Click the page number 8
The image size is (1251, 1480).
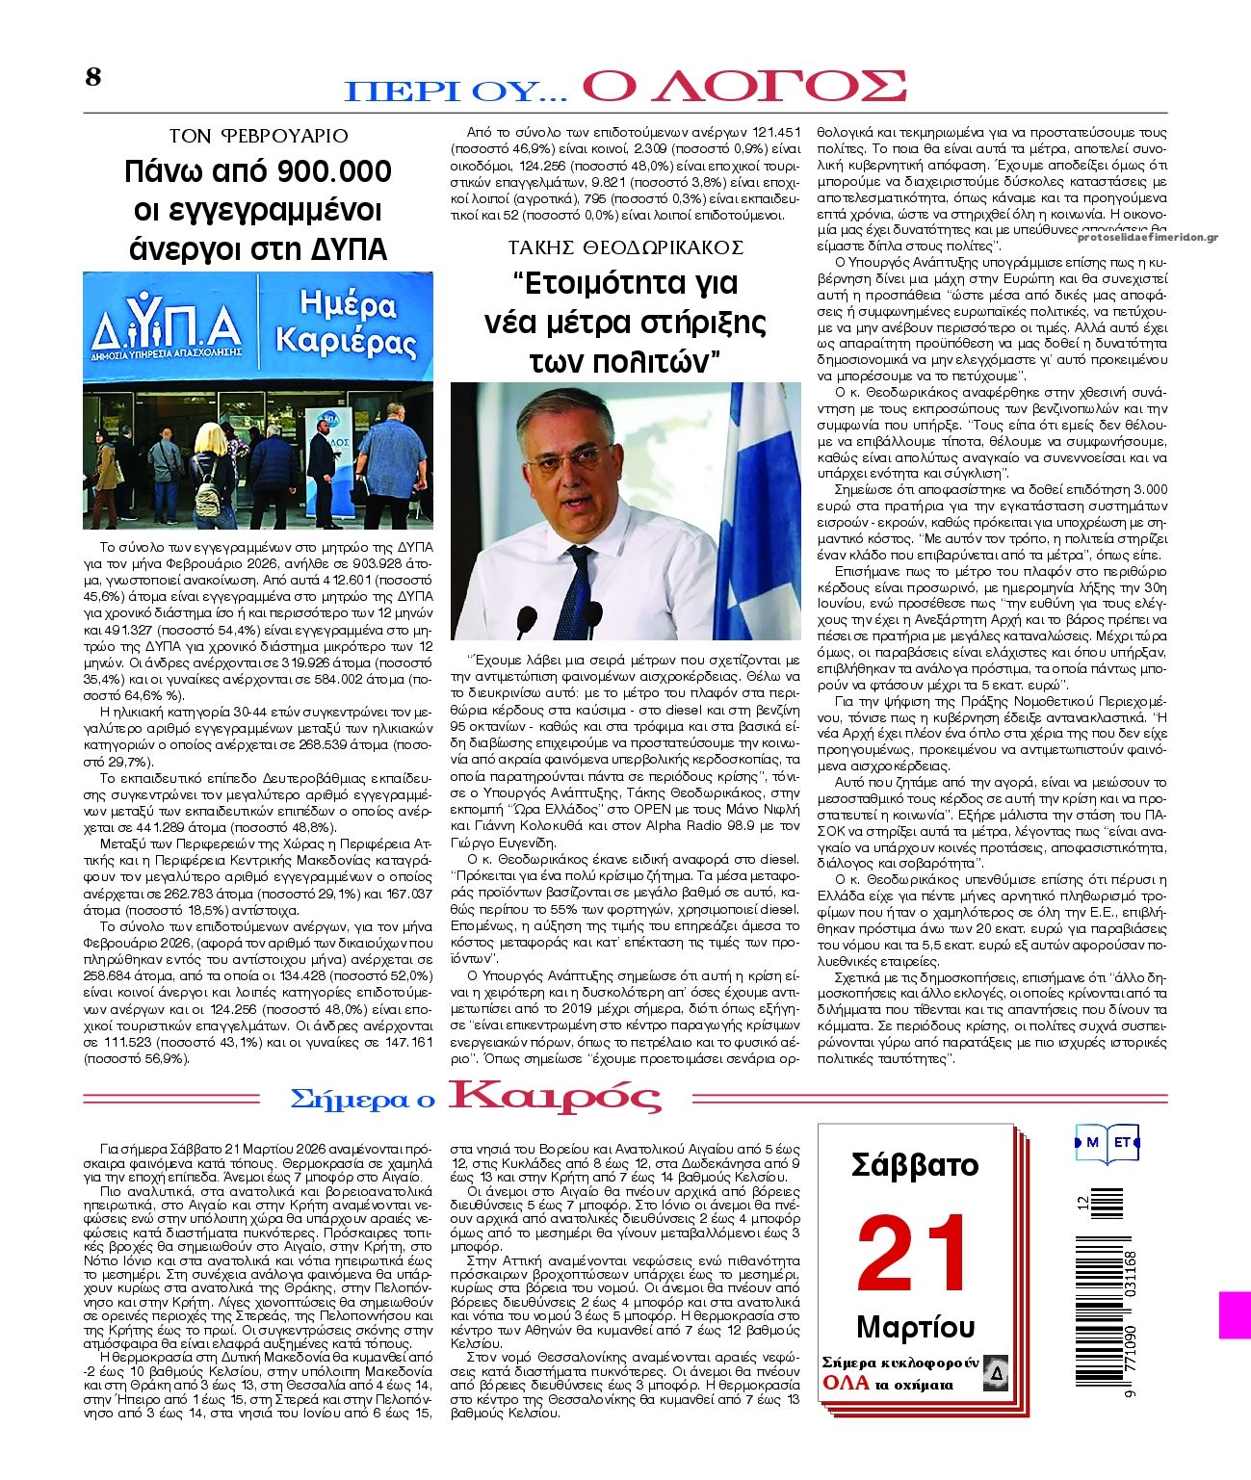click(x=92, y=78)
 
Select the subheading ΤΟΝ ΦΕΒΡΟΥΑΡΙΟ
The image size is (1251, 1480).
click(x=258, y=136)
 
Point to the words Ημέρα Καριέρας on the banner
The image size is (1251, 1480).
click(x=345, y=325)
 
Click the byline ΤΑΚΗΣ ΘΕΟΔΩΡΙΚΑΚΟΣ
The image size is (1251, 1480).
click(x=626, y=247)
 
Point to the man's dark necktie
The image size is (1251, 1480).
click(x=581, y=583)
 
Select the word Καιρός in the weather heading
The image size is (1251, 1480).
click(x=556, y=1097)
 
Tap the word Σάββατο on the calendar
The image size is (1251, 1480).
click(x=915, y=1166)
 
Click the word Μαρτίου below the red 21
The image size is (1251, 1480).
click(x=915, y=1327)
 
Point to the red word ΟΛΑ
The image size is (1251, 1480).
click(x=847, y=1384)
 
